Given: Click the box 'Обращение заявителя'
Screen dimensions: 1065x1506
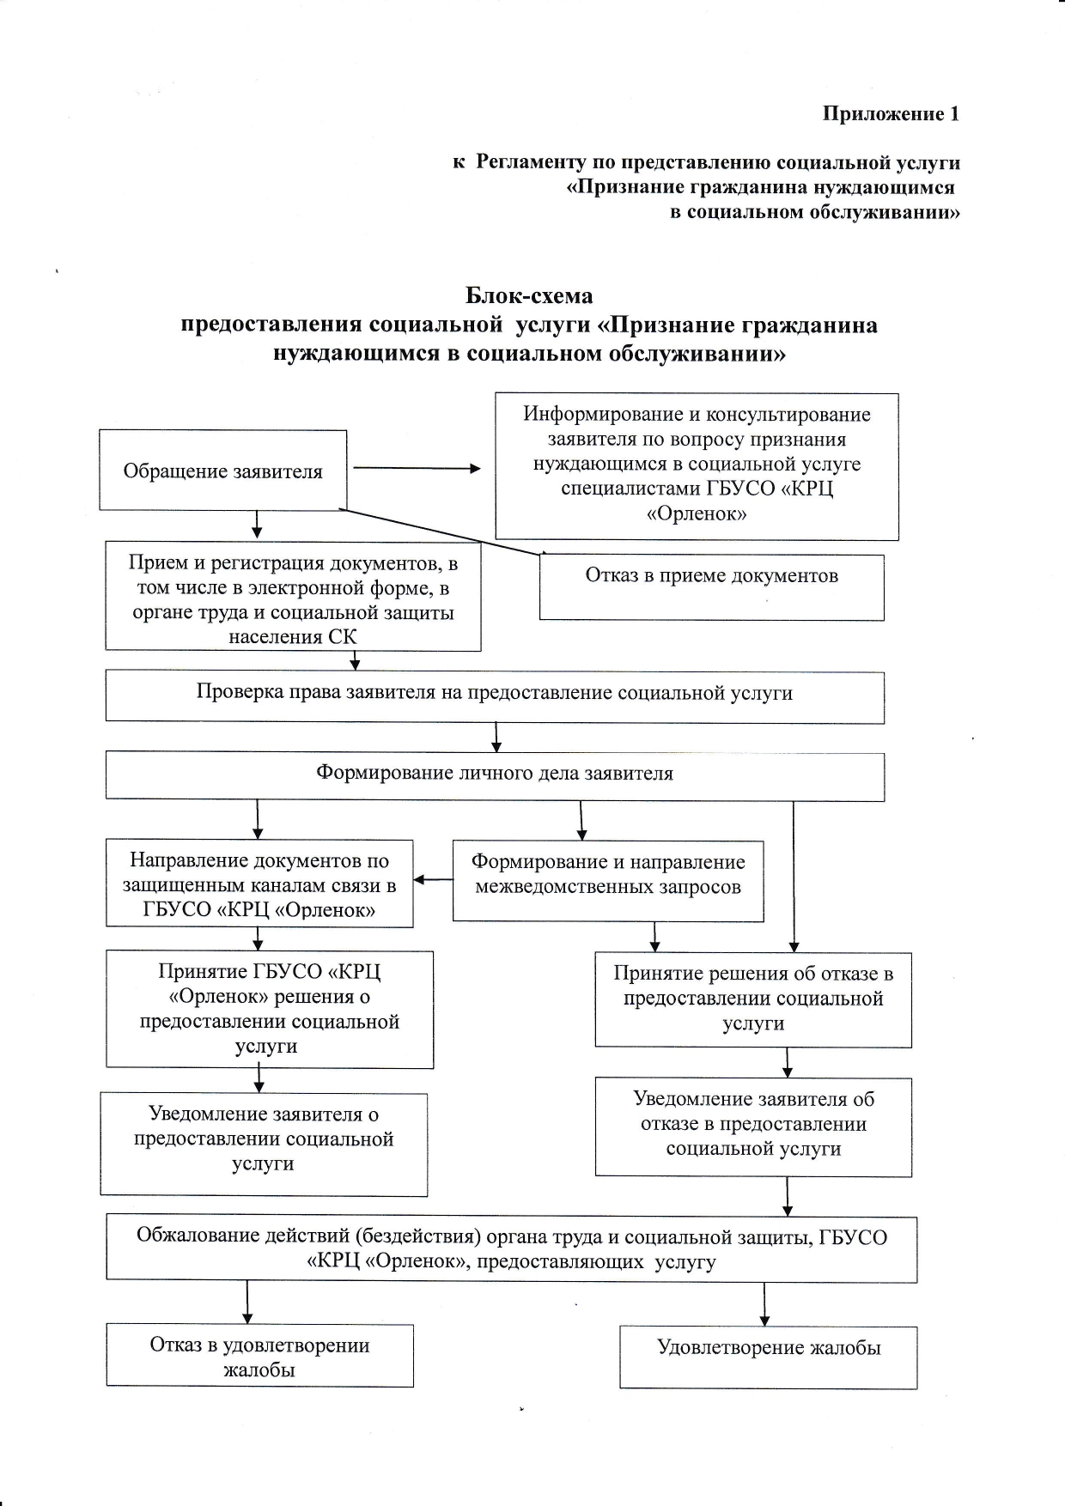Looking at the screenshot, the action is tap(223, 470).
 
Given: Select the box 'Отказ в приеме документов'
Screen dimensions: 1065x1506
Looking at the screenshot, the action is tap(712, 587).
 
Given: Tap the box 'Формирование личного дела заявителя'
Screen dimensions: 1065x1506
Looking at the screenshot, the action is tap(495, 776).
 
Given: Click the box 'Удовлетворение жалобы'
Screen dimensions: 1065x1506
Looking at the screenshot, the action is tap(769, 1357).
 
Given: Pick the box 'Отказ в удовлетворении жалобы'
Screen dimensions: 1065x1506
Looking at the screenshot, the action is tap(259, 1355).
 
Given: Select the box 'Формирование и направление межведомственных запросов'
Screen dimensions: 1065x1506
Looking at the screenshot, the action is tap(608, 881).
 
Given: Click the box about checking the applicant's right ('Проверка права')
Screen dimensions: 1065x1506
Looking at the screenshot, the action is tap(495, 696).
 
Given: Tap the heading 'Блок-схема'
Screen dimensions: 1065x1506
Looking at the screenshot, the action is tap(529, 296).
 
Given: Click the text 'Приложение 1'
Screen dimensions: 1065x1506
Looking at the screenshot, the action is tap(891, 113).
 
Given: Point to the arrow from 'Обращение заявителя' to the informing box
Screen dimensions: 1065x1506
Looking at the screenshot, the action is tap(417, 469).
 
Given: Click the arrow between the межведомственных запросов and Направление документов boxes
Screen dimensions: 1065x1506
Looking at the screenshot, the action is tap(433, 880).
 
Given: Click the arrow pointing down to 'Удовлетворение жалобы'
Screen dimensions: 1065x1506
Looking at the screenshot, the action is tap(764, 1305).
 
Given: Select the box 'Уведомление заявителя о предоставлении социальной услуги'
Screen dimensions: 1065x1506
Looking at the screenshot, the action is tap(264, 1145).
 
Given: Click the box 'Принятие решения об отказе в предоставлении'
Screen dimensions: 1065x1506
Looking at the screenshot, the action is tap(753, 999).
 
